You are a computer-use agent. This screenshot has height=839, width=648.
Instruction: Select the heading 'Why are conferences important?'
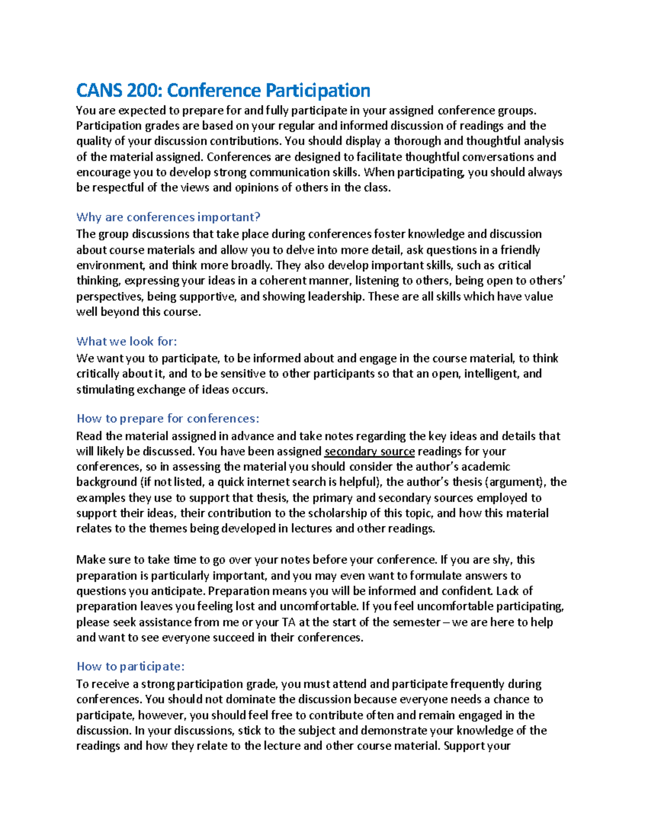(x=168, y=217)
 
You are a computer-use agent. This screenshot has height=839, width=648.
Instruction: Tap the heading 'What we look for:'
(x=127, y=341)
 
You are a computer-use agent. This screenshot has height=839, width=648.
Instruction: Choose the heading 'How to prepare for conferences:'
(x=168, y=419)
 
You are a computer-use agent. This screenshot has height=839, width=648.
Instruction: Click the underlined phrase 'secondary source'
(x=369, y=452)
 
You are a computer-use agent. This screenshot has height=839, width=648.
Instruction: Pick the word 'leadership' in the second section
(x=335, y=297)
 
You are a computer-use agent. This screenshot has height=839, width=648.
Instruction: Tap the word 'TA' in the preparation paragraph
(x=288, y=622)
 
